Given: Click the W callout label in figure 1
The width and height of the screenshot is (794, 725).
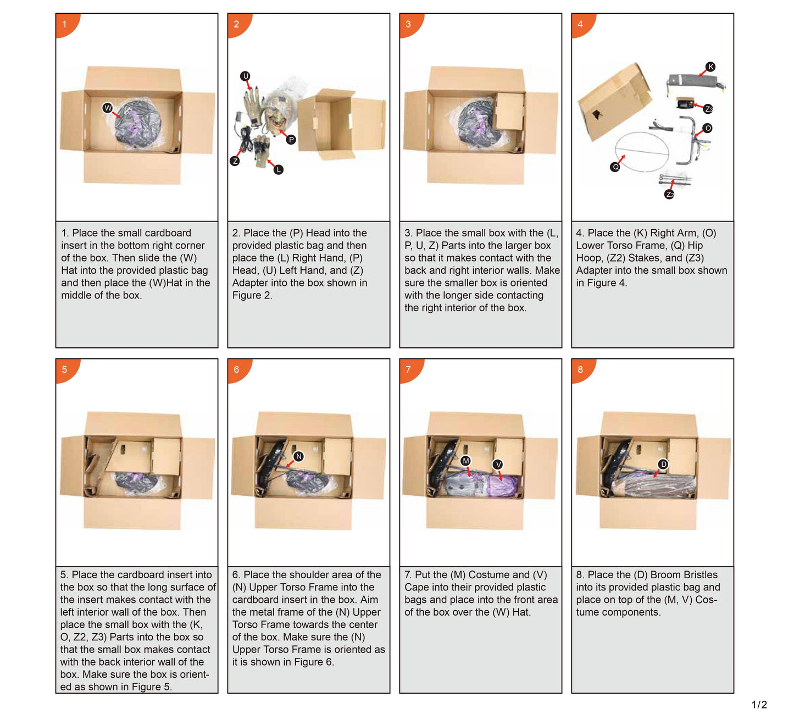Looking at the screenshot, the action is (108, 108).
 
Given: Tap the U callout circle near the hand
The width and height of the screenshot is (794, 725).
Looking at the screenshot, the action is (246, 76).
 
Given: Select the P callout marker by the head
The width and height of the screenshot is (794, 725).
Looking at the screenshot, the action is (291, 140).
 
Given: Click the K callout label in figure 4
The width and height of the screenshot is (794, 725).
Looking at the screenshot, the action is (710, 67).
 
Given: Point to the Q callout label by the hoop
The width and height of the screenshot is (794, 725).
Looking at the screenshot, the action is (615, 167).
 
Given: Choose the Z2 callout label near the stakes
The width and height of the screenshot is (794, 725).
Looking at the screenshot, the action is (669, 194).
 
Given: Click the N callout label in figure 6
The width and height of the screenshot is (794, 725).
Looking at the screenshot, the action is (299, 457).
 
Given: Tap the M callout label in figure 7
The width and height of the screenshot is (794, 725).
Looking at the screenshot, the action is (465, 461).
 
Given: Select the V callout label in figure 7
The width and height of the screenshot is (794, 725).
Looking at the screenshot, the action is (498, 464).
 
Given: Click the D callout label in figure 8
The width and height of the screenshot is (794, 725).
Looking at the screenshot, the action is (663, 464).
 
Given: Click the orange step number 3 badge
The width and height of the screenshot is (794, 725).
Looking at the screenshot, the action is (410, 24).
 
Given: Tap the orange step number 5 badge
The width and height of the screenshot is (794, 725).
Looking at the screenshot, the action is (66, 369).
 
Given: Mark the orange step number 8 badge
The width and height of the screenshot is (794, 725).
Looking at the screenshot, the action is (582, 369).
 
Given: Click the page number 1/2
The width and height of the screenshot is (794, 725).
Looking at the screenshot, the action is (759, 705).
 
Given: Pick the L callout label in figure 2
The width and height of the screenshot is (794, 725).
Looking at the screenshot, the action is (279, 169).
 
